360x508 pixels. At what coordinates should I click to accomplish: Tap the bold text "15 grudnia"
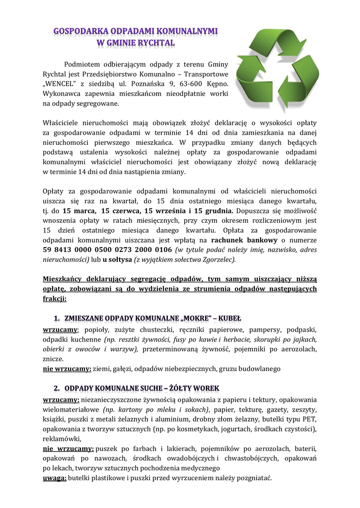[205, 211]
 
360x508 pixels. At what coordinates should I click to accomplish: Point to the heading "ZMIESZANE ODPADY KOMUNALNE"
[124, 318]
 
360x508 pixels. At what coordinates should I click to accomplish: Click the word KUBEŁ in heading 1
[229, 318]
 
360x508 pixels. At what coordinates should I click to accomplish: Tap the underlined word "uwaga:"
[54, 478]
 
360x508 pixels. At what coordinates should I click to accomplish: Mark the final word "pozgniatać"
[252, 478]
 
